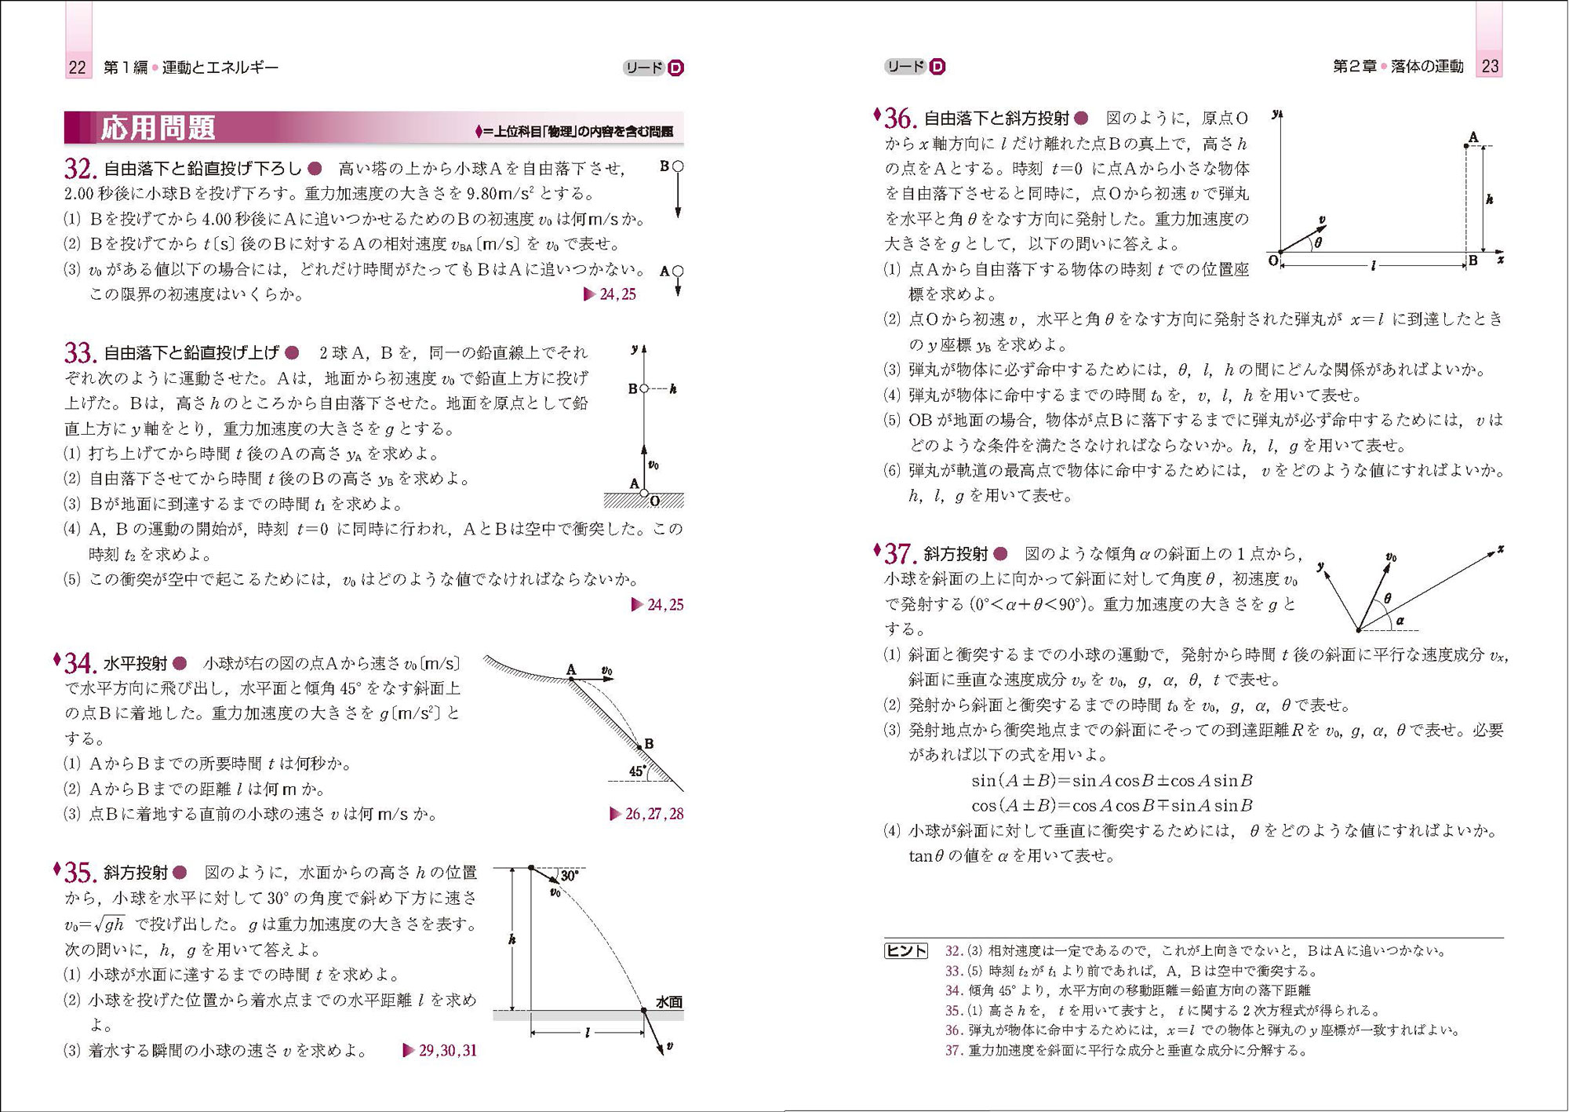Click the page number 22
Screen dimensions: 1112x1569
pyautogui.click(x=77, y=67)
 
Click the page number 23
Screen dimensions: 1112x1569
pyautogui.click(x=1490, y=67)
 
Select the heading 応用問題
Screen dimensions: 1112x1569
pyautogui.click(x=158, y=128)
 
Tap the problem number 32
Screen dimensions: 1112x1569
pyautogui.click(x=80, y=169)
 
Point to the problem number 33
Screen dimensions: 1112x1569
pyautogui.click(x=80, y=353)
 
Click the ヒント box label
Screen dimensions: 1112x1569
pyautogui.click(x=906, y=951)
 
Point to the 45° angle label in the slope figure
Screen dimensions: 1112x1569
pyautogui.click(x=638, y=771)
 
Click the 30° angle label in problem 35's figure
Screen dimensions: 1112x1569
pyautogui.click(x=569, y=876)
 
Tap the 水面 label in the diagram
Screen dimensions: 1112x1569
pyautogui.click(x=668, y=1002)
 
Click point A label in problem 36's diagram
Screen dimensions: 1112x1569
pyautogui.click(x=1473, y=138)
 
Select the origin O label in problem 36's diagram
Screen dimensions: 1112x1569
pyautogui.click(x=1272, y=261)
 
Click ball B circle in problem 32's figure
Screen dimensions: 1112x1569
pyautogui.click(x=678, y=166)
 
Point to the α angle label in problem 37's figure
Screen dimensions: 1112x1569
pyautogui.click(x=1400, y=621)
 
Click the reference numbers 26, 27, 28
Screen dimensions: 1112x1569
pyautogui.click(x=653, y=814)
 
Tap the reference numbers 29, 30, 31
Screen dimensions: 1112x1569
pyautogui.click(x=447, y=1050)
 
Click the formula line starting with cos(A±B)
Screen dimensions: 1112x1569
pyautogui.click(x=1112, y=805)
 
